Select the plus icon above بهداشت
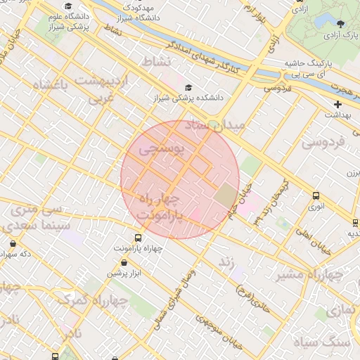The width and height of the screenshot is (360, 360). point(337,104)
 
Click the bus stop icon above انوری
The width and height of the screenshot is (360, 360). point(316,196)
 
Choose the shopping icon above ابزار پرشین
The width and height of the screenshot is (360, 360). point(124,262)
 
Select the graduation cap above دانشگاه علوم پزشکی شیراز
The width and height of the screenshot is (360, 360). point(67,6)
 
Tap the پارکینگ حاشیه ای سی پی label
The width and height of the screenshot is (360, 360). point(316,67)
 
